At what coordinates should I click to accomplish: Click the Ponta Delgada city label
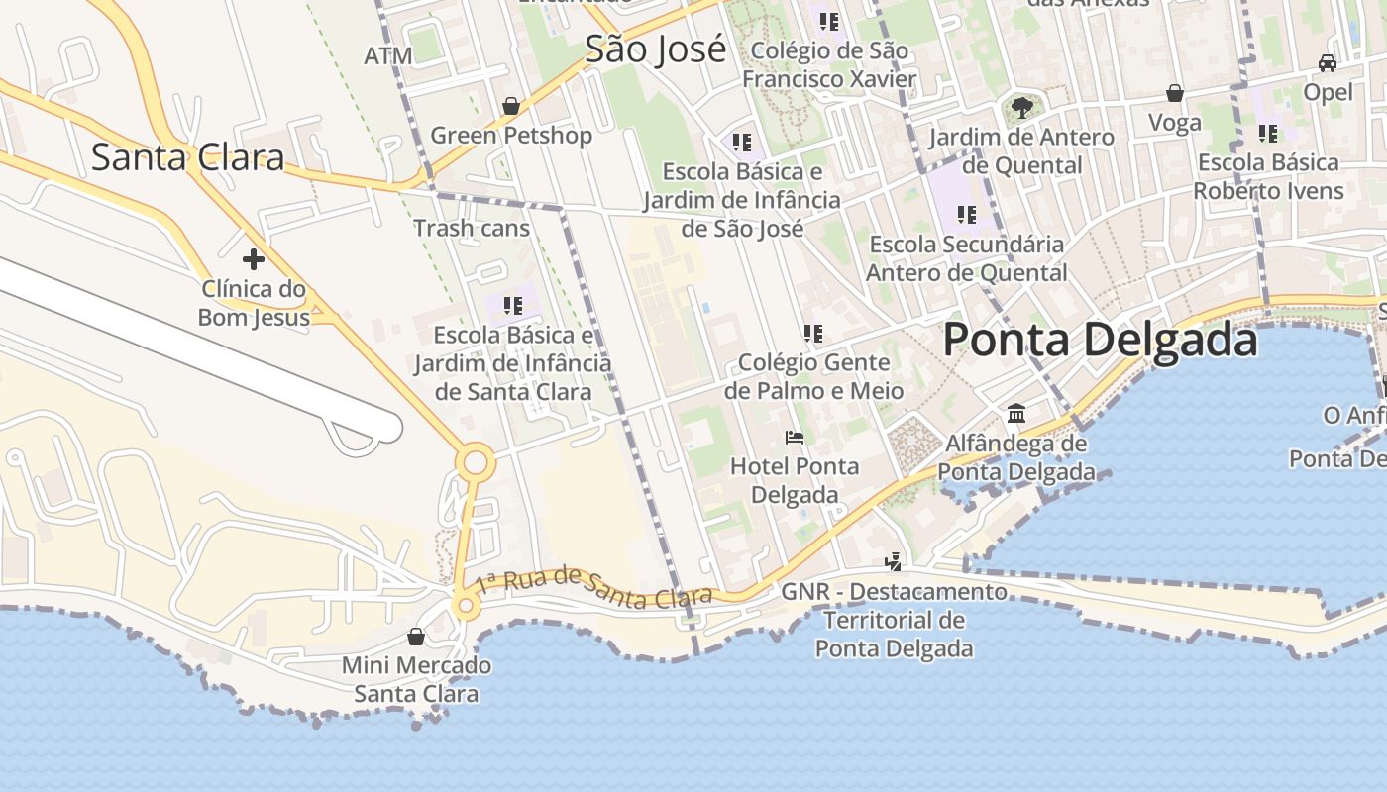(x=1100, y=340)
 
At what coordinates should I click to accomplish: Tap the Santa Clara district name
(x=187, y=156)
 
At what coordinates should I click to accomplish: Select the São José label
(x=655, y=49)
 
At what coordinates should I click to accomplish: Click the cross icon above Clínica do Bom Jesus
(x=254, y=259)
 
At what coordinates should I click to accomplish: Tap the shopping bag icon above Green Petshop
(x=511, y=105)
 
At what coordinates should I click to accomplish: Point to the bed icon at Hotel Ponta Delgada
(x=794, y=437)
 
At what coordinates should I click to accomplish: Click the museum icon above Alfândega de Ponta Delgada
(x=1016, y=413)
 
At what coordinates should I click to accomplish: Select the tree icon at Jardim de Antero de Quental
(x=1021, y=107)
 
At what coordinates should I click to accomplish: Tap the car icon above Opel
(x=1328, y=63)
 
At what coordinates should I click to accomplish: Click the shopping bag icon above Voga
(x=1174, y=93)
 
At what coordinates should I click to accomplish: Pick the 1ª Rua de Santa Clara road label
(x=593, y=586)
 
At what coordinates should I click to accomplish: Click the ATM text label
(x=388, y=56)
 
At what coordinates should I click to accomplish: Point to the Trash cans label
(x=472, y=228)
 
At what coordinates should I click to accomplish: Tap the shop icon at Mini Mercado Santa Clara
(x=416, y=636)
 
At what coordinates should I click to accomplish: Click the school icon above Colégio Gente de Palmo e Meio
(x=813, y=334)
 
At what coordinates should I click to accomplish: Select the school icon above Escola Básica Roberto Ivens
(x=1268, y=133)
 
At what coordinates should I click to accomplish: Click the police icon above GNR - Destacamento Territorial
(x=894, y=562)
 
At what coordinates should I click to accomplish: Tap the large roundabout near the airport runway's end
(x=477, y=462)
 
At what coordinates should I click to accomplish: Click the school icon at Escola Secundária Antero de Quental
(x=967, y=214)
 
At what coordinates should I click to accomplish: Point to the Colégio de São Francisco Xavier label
(x=829, y=63)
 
